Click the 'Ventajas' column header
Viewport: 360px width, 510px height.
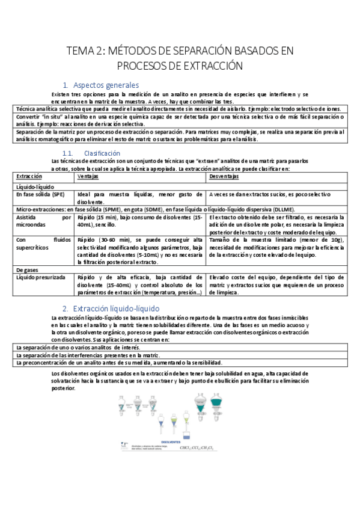click(89, 177)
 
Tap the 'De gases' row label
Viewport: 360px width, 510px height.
click(28, 269)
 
